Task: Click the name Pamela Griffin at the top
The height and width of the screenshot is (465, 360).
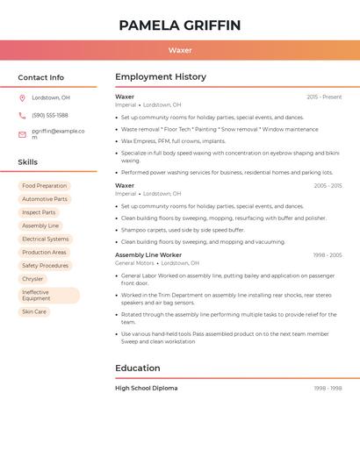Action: tap(179, 25)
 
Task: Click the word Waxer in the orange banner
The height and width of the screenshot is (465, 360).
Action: tap(180, 50)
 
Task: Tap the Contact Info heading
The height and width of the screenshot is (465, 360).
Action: tap(41, 77)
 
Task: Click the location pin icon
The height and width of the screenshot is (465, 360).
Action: tap(22, 97)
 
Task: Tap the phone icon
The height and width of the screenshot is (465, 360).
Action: tap(22, 115)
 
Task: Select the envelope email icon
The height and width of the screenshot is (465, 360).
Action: tap(22, 134)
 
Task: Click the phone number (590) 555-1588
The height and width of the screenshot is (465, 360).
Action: tap(50, 115)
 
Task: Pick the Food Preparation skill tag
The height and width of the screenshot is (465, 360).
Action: tap(44, 186)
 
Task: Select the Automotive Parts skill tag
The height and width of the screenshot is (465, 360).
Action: tap(44, 199)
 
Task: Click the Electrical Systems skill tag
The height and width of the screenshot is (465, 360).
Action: tap(45, 239)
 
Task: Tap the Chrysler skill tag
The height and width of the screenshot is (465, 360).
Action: tap(32, 279)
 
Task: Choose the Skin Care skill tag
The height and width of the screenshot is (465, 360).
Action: tap(34, 311)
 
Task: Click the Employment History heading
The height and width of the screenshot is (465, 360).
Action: tap(161, 76)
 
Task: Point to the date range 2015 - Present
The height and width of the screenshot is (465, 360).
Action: tap(324, 97)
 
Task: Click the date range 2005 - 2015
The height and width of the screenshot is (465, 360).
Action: tap(328, 186)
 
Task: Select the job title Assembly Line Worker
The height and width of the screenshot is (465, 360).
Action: tap(148, 254)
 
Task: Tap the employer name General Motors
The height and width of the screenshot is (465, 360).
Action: tap(134, 262)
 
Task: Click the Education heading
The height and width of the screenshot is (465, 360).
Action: tap(138, 368)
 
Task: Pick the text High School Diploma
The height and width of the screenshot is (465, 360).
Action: tap(146, 388)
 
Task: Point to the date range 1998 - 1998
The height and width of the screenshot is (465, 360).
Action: tap(328, 388)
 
